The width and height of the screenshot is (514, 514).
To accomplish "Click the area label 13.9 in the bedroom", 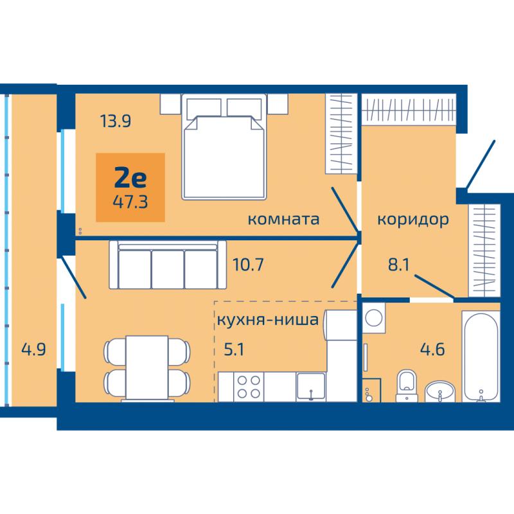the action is (x=116, y=121).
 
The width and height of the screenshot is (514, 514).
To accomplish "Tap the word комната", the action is (x=283, y=219).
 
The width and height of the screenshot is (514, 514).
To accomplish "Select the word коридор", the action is (x=413, y=220).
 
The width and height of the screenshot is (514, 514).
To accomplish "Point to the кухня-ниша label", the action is (x=268, y=319).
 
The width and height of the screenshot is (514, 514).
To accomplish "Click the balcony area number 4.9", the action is (x=33, y=349).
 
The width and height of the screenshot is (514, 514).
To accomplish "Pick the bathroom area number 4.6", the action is (x=432, y=349).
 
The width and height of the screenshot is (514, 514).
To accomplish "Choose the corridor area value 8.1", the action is (x=399, y=265).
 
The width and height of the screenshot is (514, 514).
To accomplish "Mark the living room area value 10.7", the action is (x=248, y=265).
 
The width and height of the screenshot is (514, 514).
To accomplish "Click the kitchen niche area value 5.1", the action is (x=234, y=350).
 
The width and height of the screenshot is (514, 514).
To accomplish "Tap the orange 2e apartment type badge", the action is (x=130, y=188).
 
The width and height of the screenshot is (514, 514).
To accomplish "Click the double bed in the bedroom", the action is (x=224, y=146).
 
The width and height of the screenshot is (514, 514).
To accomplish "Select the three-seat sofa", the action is (x=168, y=265).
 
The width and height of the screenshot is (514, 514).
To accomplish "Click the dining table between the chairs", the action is (x=147, y=368).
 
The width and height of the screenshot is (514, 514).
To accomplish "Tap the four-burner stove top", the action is (x=249, y=387).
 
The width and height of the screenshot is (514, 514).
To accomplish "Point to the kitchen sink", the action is (x=311, y=387).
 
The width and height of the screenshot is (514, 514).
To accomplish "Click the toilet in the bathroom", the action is (x=407, y=385).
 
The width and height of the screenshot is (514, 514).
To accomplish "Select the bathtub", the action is (x=481, y=357).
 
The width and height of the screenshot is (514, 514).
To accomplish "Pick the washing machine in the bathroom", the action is (x=374, y=318).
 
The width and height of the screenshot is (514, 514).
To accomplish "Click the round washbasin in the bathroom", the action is (x=440, y=391).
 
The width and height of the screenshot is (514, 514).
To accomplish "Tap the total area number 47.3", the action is (x=130, y=202).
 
